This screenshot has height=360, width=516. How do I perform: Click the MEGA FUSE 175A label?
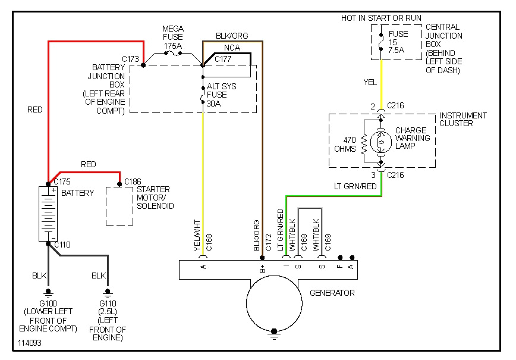(173, 37)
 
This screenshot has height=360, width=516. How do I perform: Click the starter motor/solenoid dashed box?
(119, 206)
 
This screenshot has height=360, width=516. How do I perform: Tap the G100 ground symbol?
(48, 292)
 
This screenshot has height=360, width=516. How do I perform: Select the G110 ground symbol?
(108, 292)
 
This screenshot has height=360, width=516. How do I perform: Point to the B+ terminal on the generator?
(263, 268)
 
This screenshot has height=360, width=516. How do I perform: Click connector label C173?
(130, 59)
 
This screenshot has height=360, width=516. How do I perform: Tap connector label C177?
(223, 59)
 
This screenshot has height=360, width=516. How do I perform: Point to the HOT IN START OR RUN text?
(380, 18)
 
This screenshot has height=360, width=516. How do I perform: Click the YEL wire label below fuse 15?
(370, 82)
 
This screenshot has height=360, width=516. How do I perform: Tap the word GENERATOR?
(332, 293)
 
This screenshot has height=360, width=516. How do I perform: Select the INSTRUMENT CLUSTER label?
(462, 119)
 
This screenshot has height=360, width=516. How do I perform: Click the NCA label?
(232, 47)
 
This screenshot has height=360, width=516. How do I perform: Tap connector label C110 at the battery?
(62, 245)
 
